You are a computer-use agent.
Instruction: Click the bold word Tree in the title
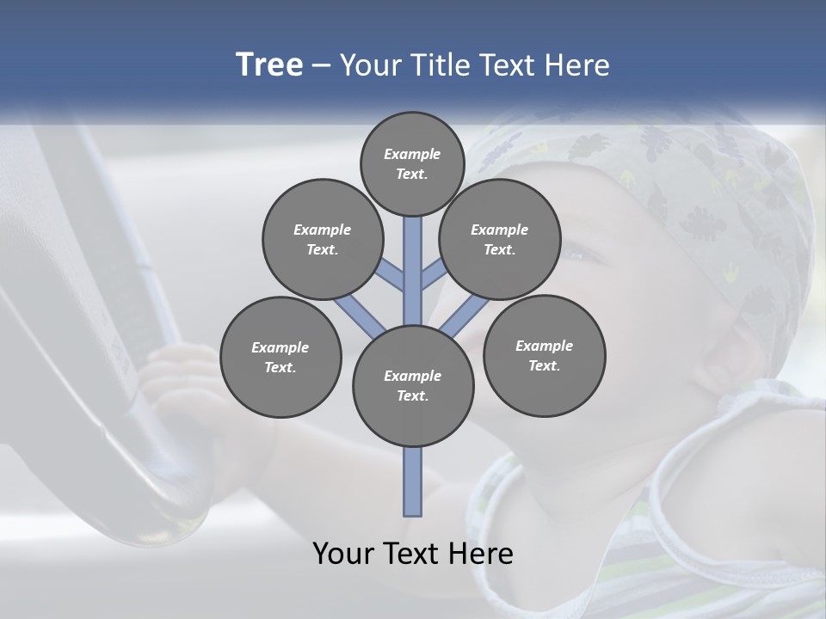tap(269, 65)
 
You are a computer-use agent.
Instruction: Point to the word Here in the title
tap(576, 65)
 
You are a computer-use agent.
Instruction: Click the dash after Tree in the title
tap(321, 66)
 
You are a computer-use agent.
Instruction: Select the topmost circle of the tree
tap(412, 163)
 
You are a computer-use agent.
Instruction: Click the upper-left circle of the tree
tap(323, 239)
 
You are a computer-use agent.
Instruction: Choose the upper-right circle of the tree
tap(500, 239)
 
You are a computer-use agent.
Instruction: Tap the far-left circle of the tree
tap(280, 357)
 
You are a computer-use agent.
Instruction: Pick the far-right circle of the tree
tap(544, 355)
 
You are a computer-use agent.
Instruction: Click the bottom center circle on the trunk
tap(413, 386)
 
